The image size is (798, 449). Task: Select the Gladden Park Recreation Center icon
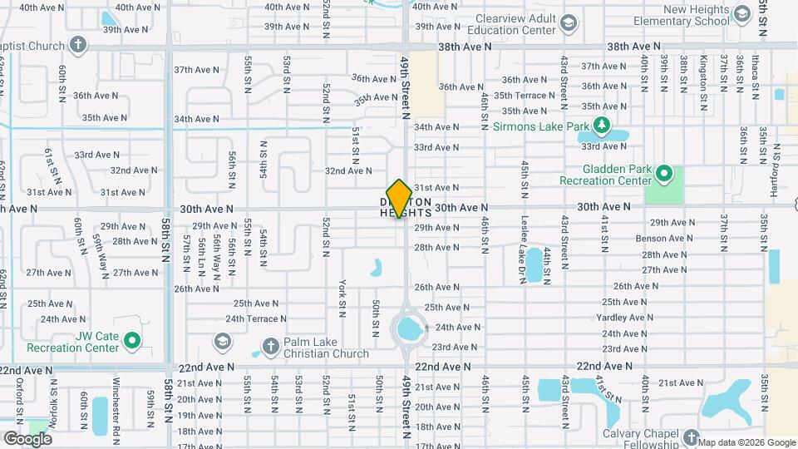pyautogui.click(x=663, y=174)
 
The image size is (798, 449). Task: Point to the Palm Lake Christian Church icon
pyautogui.click(x=269, y=346)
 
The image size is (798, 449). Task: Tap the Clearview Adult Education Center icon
pyautogui.click(x=568, y=23)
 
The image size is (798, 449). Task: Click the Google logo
pyautogui.click(x=27, y=438)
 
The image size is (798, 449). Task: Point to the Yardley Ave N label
pyautogui.click(x=625, y=318)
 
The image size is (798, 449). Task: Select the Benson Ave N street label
pyautogui.click(x=658, y=238)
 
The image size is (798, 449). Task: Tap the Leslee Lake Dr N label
pyautogui.click(x=523, y=257)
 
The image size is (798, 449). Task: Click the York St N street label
pyautogui.click(x=342, y=297)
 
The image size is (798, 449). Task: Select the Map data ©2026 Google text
pyautogui.click(x=746, y=442)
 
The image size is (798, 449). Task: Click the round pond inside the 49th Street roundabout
pyautogui.click(x=408, y=330)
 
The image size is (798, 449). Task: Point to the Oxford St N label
pyautogui.click(x=19, y=399)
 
